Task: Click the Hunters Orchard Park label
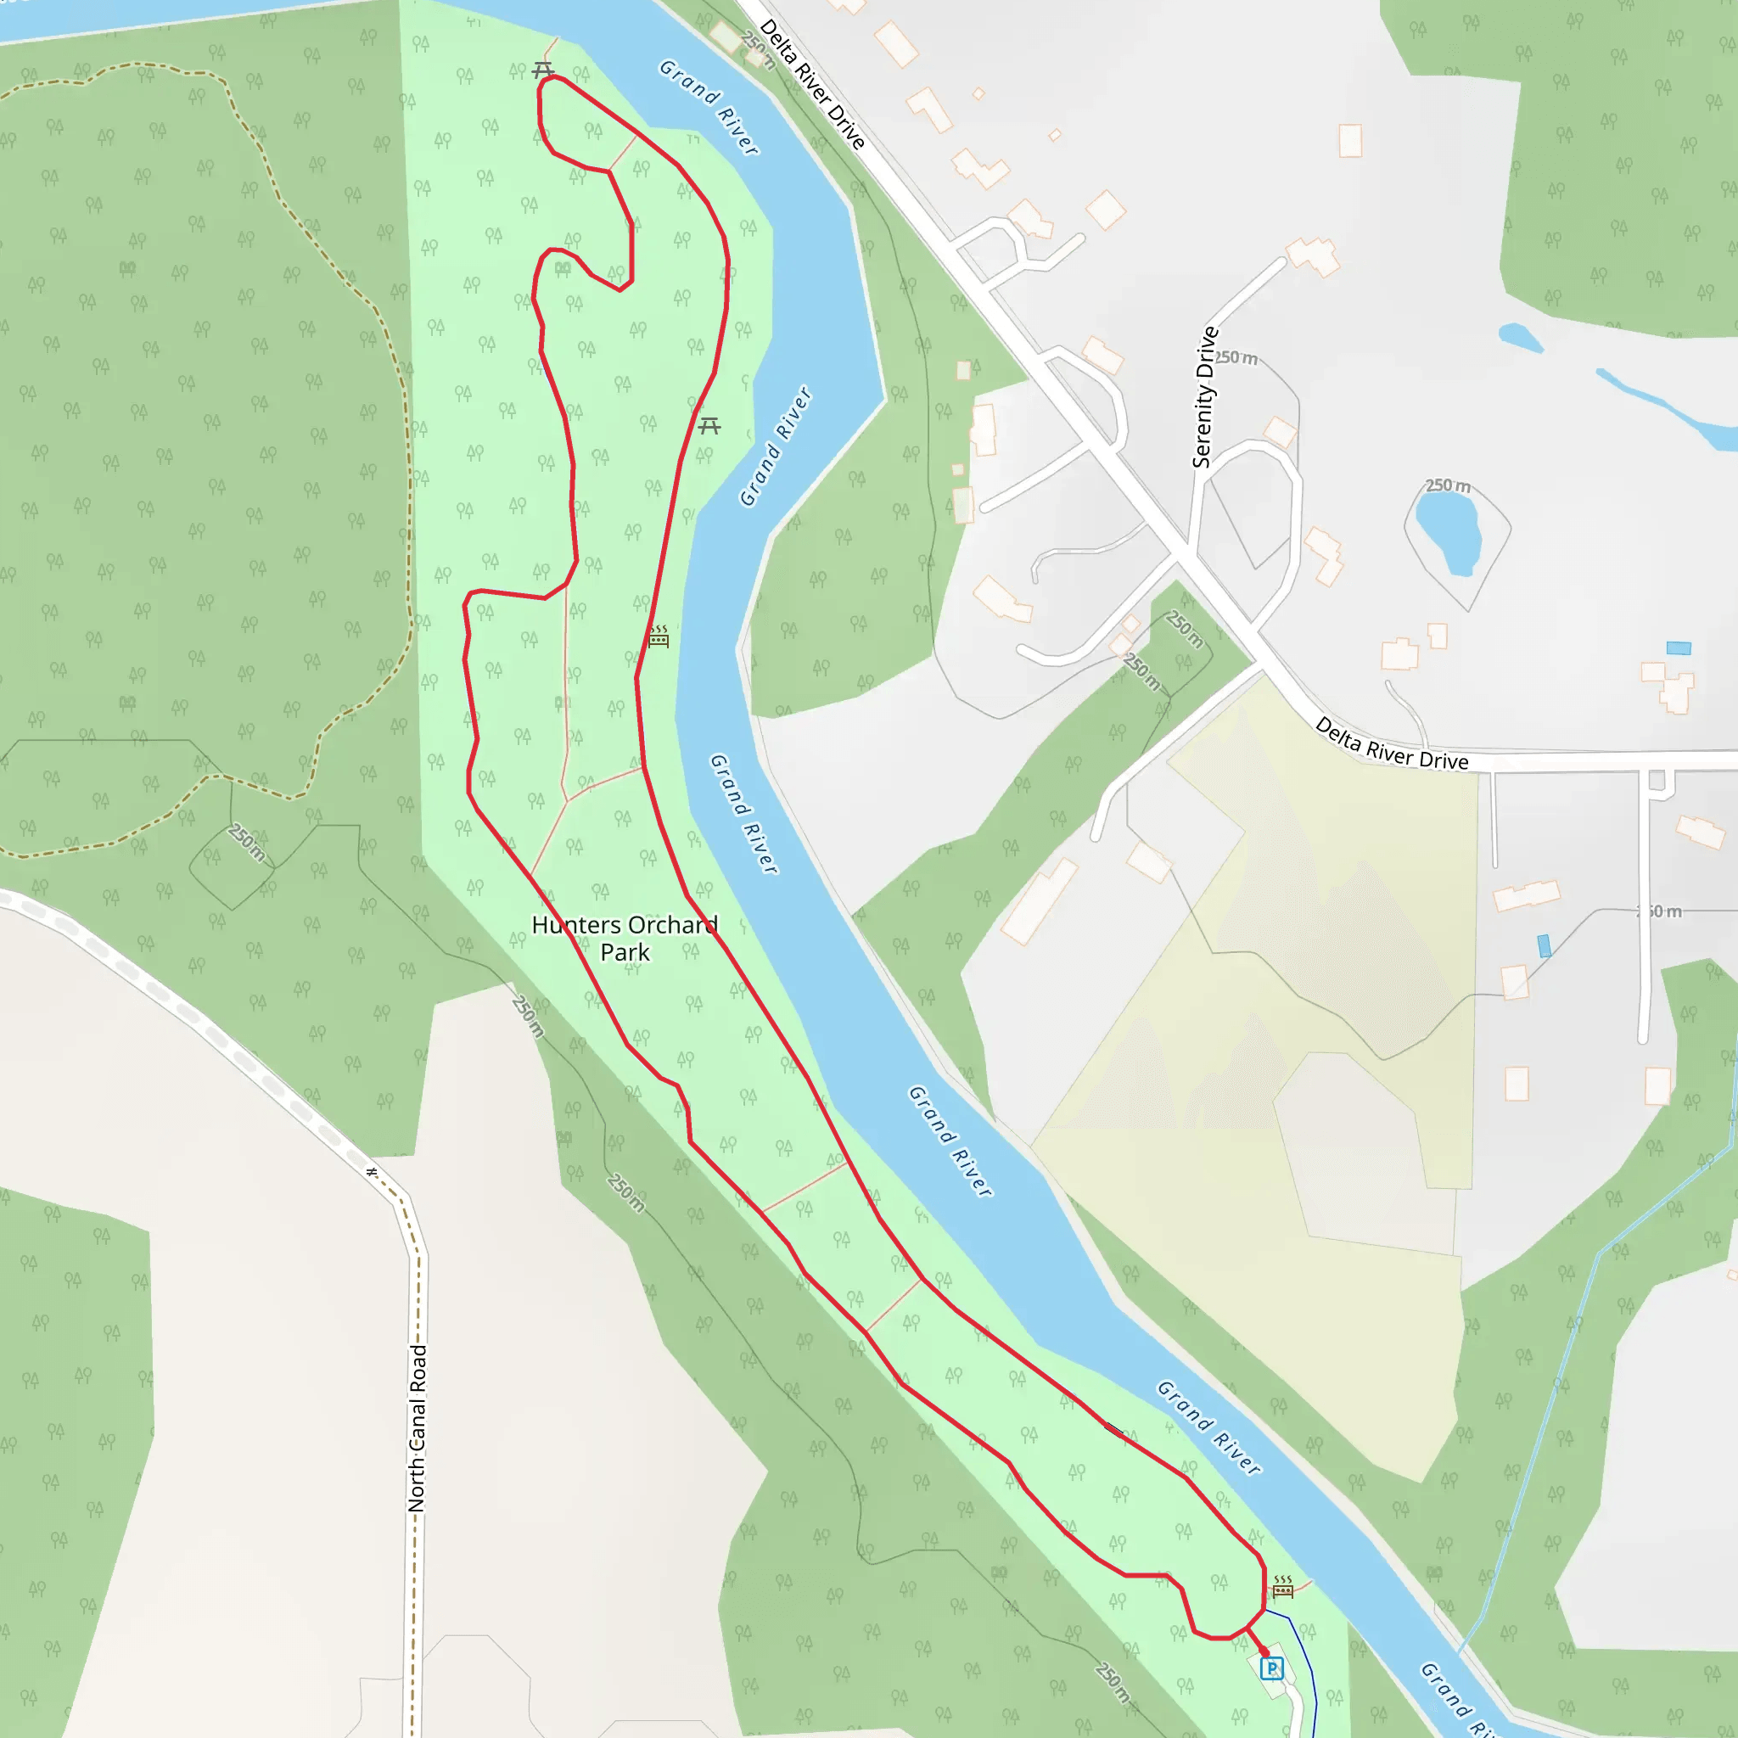point(625,939)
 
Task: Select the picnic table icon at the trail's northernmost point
point(542,70)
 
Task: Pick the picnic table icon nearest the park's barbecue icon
point(709,425)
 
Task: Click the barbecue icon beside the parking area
point(1283,1587)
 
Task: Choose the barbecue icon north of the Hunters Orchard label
point(659,637)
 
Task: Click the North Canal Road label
point(417,1427)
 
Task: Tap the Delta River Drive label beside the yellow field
point(1391,744)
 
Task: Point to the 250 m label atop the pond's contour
point(1448,485)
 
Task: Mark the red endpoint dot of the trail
point(1264,1651)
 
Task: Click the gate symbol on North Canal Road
point(372,1172)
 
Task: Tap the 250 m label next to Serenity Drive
point(1237,358)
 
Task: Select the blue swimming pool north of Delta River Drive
point(1679,648)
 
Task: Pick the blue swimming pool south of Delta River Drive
point(1545,945)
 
